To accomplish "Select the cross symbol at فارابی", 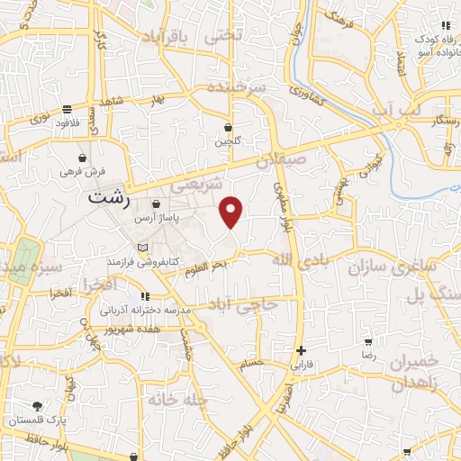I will [x=301, y=350].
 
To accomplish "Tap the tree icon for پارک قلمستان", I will [x=37, y=407].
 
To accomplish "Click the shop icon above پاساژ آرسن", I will [x=157, y=204].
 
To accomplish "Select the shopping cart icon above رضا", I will [x=368, y=342].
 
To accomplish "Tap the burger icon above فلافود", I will [x=68, y=107].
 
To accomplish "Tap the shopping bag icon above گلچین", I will [x=228, y=127].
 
